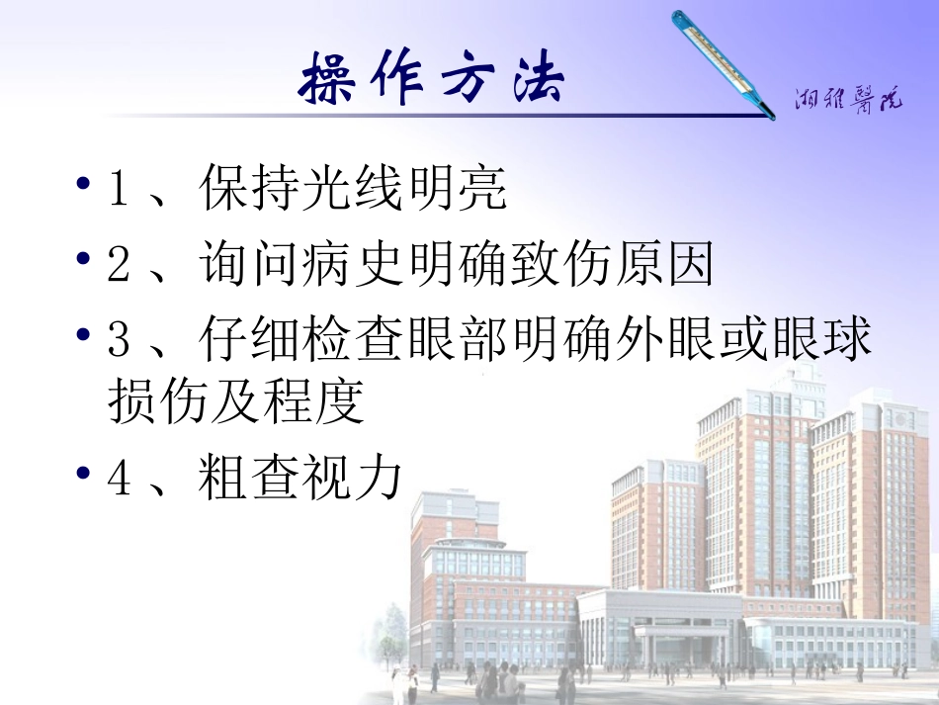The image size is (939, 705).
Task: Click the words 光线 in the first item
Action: (353, 189)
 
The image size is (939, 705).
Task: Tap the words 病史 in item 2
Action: (353, 265)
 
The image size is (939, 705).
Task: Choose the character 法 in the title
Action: (534, 75)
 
